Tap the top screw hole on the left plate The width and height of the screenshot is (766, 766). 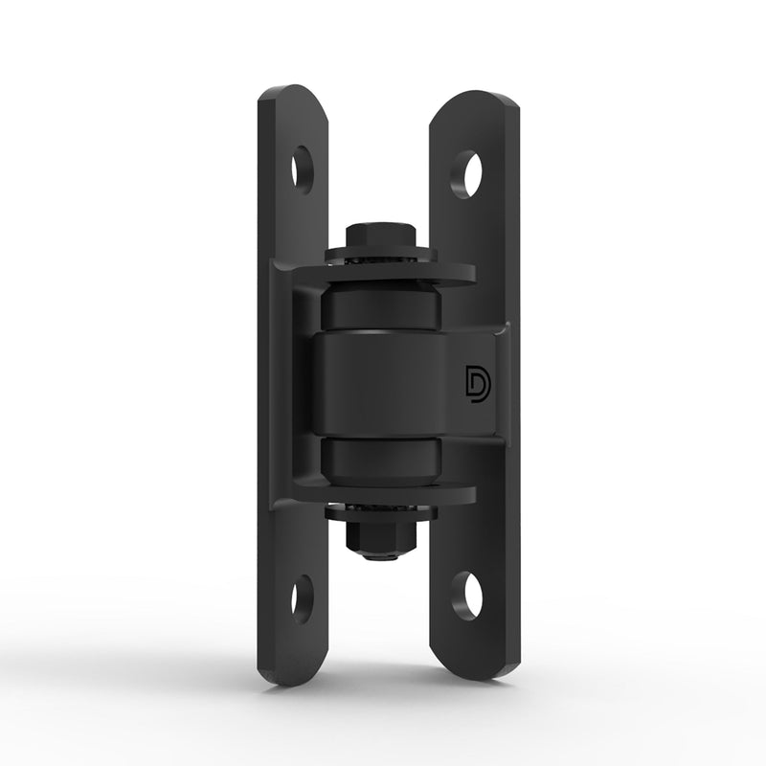click(303, 164)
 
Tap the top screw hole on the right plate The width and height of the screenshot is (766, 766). click(468, 171)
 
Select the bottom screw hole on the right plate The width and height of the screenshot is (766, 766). click(467, 594)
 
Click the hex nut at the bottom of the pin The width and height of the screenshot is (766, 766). click(381, 529)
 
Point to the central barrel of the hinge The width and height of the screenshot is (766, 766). click(383, 383)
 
